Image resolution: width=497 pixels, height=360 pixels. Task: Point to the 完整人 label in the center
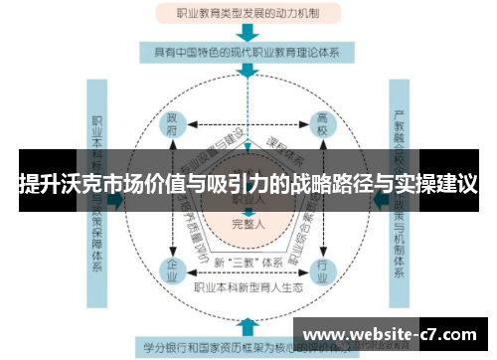click(248, 224)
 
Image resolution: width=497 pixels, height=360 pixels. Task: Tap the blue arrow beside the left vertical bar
click(116, 199)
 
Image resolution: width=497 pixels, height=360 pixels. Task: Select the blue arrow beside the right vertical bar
click(379, 199)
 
